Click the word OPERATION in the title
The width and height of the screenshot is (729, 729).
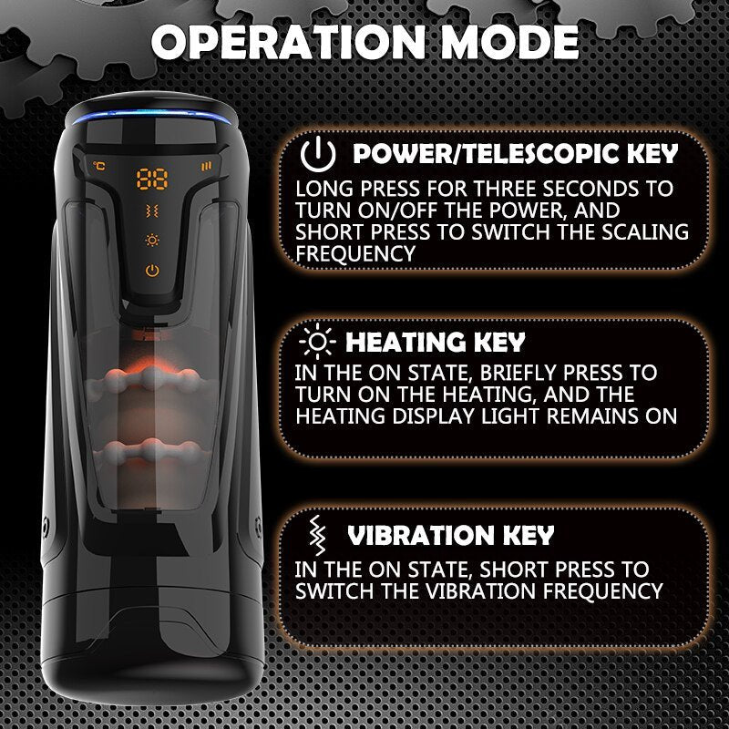coord(288,42)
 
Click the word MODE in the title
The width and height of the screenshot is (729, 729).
coord(509,42)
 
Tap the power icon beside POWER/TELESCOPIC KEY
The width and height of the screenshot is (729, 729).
coord(317,154)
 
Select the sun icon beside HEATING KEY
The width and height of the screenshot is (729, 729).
coord(317,342)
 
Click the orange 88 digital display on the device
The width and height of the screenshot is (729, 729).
coord(152,179)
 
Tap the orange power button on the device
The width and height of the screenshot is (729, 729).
coord(152,270)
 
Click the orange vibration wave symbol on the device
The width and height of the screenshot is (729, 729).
coord(152,211)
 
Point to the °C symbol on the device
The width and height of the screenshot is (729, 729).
coord(99,166)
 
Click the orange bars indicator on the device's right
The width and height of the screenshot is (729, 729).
coord(206,166)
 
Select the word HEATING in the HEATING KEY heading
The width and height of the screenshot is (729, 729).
coord(406,343)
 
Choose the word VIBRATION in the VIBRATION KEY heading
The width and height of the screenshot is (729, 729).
coord(421,536)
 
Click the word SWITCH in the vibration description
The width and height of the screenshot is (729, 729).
coord(334,591)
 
